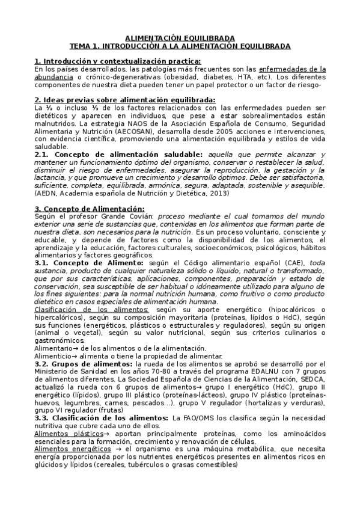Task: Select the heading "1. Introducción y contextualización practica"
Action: pyautogui.click(x=117, y=61)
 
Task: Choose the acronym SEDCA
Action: pyautogui.click(x=314, y=380)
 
